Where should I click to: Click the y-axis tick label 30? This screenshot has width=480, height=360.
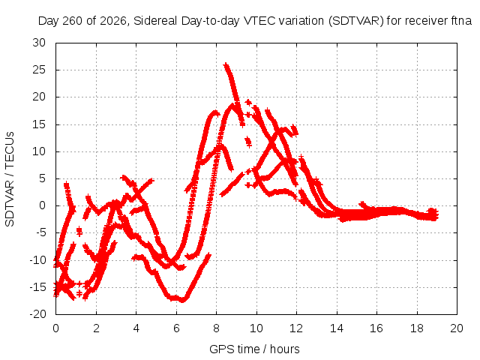pos(39,43)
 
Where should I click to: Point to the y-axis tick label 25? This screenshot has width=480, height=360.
pos(39,70)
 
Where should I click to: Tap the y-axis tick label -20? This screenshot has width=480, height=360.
pos(37,314)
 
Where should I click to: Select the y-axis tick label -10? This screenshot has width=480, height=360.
pos(37,260)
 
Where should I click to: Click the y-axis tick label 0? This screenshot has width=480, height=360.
pos(42,205)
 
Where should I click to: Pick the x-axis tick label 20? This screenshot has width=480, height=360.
pos(457,328)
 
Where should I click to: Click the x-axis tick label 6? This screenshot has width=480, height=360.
pos(176,328)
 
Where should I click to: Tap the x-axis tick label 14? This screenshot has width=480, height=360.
pos(337,328)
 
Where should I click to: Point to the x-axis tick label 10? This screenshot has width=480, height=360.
pos(256,328)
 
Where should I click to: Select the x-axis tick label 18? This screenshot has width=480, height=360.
pos(417,328)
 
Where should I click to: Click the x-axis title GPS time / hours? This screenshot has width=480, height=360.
pos(254,349)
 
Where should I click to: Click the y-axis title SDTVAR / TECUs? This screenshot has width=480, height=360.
pos(10,179)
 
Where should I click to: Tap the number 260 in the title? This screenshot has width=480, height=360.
pos(73,21)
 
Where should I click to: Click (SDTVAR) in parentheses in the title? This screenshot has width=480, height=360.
pos(355,21)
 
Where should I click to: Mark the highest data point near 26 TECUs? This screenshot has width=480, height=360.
pos(226,65)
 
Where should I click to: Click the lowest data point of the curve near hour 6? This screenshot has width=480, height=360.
pos(182,300)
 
